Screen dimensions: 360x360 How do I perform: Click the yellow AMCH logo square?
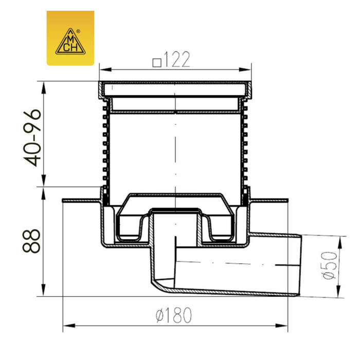coord(70,38)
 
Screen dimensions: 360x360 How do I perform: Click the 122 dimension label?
coord(177,60)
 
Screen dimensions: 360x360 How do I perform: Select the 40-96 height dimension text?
coord(32,138)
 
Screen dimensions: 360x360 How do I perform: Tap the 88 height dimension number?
coord(31,241)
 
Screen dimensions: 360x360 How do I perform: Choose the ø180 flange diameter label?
coord(173,315)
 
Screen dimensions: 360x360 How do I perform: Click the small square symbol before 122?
coord(157,63)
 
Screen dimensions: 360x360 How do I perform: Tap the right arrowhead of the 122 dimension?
coord(245,69)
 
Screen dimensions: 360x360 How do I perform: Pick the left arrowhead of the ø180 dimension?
coord(69,326)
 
